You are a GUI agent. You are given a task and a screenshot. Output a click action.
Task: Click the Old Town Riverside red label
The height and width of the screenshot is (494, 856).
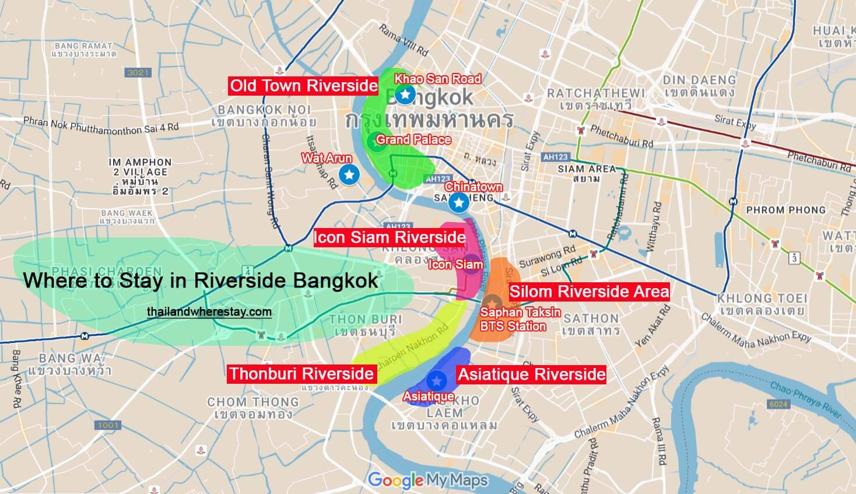click(304, 86)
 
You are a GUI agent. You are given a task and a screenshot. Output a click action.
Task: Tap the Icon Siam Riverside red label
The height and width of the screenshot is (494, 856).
click(390, 237)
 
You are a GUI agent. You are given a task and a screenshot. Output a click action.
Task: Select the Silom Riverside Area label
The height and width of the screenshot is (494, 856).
click(589, 292)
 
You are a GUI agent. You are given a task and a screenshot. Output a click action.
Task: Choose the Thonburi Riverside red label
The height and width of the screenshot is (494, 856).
click(301, 373)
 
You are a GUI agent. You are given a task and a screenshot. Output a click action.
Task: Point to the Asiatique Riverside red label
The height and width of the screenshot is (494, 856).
click(531, 374)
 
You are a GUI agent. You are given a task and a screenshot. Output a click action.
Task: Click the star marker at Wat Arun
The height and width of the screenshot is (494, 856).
click(349, 174)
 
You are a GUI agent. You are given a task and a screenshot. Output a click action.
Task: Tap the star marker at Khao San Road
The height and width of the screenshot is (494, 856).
click(404, 94)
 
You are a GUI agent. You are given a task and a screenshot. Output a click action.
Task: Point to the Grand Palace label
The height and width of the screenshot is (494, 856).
click(413, 140)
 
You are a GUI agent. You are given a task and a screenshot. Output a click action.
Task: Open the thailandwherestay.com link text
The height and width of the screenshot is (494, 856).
click(209, 312)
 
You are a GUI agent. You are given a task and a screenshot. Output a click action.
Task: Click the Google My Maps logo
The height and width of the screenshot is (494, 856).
click(427, 480)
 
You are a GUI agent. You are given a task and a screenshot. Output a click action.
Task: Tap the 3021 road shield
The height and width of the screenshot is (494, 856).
click(138, 72)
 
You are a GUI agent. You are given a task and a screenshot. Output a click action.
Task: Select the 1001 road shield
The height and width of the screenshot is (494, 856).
click(108, 425)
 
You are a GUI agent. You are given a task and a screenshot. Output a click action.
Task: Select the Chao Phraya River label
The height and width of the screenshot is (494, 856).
click(806, 400)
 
